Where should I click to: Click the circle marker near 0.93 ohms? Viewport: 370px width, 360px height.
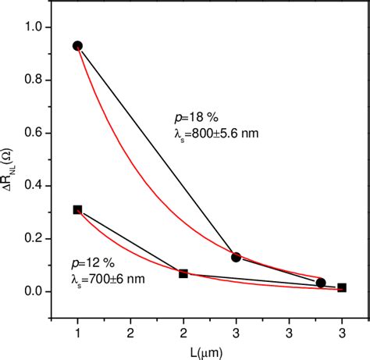tap(77, 46)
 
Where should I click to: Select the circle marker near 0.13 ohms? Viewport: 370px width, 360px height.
tap(236, 257)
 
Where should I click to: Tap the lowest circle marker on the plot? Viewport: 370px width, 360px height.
tap(321, 283)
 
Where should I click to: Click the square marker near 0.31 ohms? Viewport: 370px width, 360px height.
tap(77, 209)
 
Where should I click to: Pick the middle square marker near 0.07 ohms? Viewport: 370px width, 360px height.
tap(183, 273)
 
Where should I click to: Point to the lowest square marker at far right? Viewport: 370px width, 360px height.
tap(342, 287)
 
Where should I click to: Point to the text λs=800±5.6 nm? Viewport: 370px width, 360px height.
tap(215, 133)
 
